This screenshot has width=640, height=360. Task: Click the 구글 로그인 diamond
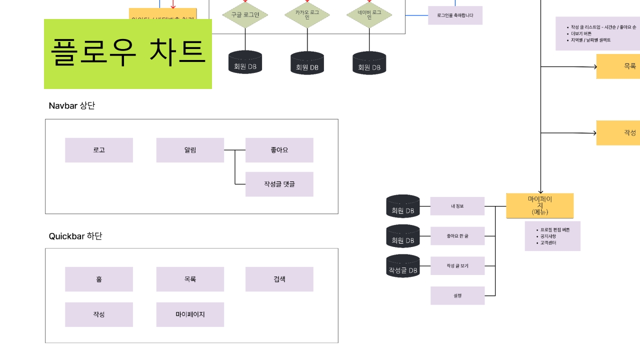(x=245, y=15)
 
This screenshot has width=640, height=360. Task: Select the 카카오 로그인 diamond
(x=307, y=15)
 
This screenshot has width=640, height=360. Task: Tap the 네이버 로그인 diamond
(x=369, y=15)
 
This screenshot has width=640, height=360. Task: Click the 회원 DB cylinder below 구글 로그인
(x=245, y=62)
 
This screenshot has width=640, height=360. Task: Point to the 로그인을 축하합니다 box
(x=455, y=15)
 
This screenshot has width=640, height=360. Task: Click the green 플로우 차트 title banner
(x=128, y=54)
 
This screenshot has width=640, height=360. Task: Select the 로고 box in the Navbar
(x=99, y=150)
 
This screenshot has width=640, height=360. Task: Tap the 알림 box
(x=190, y=150)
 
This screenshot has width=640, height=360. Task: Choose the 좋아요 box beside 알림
(x=279, y=150)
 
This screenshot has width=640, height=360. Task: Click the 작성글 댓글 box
(x=279, y=184)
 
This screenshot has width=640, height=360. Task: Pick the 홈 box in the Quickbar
(x=99, y=279)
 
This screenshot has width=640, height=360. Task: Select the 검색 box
(x=279, y=279)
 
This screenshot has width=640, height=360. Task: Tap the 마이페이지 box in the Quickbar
(x=190, y=314)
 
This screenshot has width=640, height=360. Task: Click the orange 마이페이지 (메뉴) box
(x=540, y=205)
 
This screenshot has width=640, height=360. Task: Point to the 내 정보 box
(x=457, y=206)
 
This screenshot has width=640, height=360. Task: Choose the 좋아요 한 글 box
(x=457, y=236)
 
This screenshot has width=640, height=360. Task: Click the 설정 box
(x=457, y=295)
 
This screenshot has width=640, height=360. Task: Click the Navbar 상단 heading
(x=71, y=106)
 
